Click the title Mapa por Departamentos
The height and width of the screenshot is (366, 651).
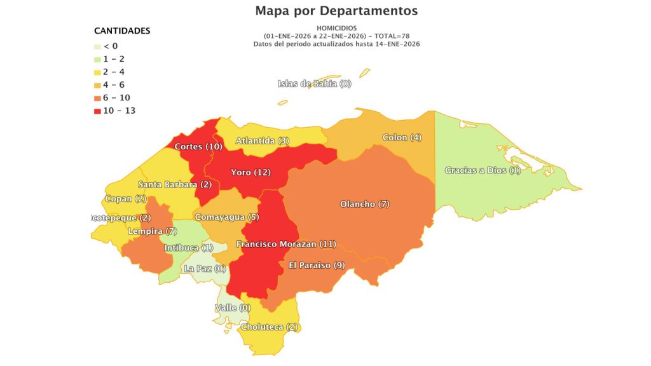pos(336,11)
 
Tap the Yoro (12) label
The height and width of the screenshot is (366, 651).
pos(250,172)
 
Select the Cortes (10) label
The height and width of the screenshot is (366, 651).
pos(198,147)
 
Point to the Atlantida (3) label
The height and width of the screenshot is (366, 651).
pos(263,140)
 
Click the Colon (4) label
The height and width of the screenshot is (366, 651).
pos(402,137)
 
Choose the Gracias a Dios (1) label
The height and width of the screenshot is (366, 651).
pos(483,170)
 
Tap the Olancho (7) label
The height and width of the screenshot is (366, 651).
pos(364,204)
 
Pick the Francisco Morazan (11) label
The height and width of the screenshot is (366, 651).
pos(285,244)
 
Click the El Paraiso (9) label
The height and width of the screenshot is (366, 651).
pos(317,265)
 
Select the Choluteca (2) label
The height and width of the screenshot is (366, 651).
pos(269,327)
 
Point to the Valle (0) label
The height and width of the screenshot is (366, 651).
pos(233,308)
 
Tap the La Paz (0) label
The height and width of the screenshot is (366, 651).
pos(205,269)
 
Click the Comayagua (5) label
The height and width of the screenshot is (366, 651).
pos(227,217)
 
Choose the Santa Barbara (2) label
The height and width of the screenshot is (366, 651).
pos(175,185)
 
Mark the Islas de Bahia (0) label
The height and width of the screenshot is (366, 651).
pos(314,84)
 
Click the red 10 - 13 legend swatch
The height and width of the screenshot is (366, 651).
pos(97,111)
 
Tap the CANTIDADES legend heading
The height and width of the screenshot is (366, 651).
pos(122,30)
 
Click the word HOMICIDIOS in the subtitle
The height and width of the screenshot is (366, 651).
pos(336,28)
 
